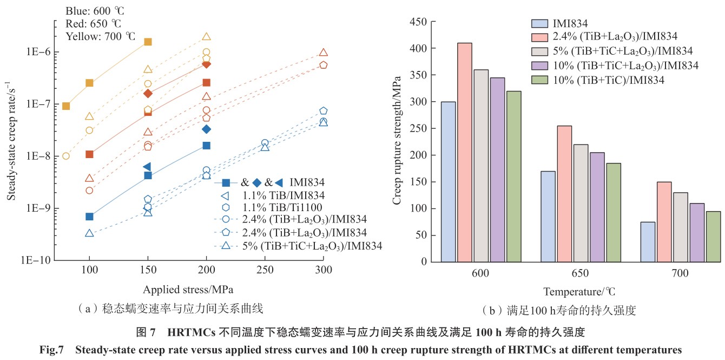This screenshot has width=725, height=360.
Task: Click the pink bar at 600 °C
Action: pos(464,152)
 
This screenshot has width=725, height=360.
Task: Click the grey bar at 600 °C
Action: pos(480,166)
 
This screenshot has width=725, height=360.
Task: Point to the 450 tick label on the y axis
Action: pos(419,22)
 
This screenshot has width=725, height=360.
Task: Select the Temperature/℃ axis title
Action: pos(579,292)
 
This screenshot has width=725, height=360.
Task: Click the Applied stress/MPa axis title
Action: pos(188,288)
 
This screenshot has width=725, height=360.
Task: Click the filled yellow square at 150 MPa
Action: pos(148,42)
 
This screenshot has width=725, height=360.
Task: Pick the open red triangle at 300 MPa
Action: pos(323,53)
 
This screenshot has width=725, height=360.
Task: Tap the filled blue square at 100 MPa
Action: pos(89,217)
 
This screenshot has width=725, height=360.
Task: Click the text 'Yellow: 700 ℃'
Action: pos(100,36)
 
